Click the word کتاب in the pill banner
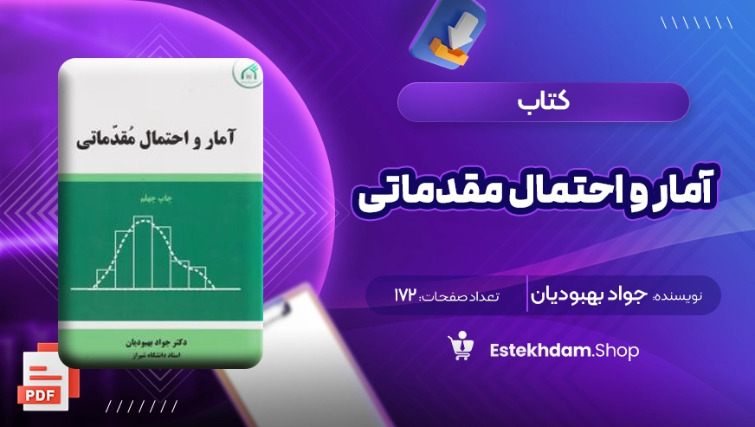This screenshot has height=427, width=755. (544, 101)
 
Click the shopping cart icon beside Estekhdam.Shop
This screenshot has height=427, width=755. (461, 346)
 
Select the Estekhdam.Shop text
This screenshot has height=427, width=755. (564, 351)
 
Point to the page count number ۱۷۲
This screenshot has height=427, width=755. (405, 295)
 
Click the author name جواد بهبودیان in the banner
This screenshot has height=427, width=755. (589, 295)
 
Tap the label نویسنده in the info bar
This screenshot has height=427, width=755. (677, 296)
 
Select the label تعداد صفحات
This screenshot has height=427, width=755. (461, 296)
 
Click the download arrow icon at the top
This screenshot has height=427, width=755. (448, 33)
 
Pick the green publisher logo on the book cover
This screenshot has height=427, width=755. (248, 74)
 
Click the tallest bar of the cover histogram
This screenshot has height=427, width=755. (143, 252)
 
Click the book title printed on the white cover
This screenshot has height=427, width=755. (156, 138)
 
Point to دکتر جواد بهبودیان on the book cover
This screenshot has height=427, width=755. (156, 343)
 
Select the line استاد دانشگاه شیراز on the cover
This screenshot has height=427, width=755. (156, 355)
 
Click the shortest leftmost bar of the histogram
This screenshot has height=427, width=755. (106, 279)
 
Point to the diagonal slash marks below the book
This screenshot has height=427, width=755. (142, 406)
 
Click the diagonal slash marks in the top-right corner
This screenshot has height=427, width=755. (697, 23)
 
